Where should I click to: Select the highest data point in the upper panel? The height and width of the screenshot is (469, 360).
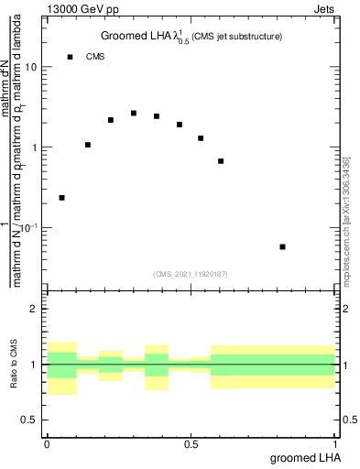tap(134, 114)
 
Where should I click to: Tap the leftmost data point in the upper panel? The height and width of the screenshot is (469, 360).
tap(61, 198)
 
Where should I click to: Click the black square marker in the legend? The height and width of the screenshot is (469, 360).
tap(70, 57)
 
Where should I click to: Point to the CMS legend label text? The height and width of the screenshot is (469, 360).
tap(95, 57)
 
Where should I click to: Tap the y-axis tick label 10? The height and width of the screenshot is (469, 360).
tap(32, 68)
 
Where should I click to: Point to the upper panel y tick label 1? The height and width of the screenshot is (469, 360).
tap(36, 147)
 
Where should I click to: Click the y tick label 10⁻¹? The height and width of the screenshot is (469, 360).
tap(30, 227)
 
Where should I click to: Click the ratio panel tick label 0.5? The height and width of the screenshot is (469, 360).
tap(31, 420)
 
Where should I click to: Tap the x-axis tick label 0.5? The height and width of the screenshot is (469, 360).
tap(191, 444)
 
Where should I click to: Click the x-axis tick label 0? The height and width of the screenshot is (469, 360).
tap(47, 444)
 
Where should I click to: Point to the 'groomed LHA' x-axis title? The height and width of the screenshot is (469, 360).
tap(304, 457)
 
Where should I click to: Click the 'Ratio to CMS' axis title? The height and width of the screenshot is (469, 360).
tap(15, 365)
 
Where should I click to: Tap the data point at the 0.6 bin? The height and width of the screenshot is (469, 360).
tap(221, 161)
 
